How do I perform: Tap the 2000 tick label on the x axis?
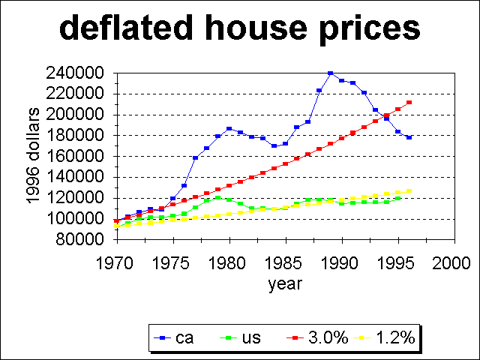coord(454,263)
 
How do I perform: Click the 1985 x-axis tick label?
coord(286,263)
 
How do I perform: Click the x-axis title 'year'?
coord(285,284)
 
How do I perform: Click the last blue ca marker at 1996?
coord(409,137)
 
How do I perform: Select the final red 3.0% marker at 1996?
coord(409,102)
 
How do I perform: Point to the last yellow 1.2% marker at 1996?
coord(409,190)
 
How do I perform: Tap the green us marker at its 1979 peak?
coord(217,197)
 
